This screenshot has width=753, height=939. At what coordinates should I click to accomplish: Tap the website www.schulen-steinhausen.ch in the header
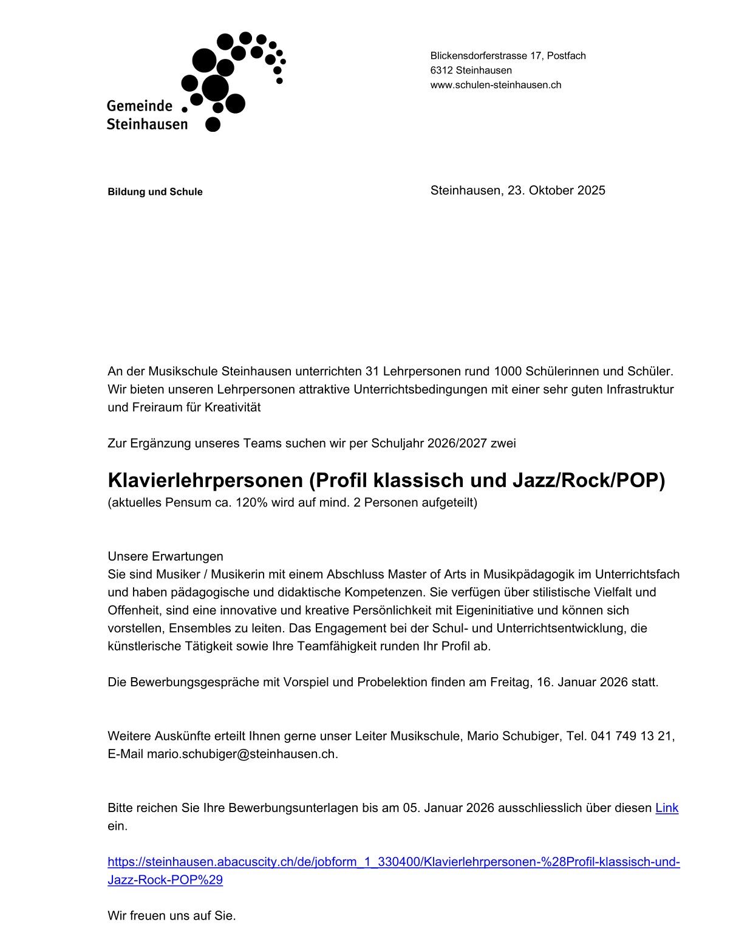pyautogui.click(x=496, y=85)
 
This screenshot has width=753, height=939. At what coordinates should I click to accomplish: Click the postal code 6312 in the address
pyautogui.click(x=441, y=70)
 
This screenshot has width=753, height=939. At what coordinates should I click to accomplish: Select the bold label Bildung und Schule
pyautogui.click(x=155, y=192)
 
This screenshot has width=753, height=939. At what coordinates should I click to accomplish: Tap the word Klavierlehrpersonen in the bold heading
pyautogui.click(x=205, y=480)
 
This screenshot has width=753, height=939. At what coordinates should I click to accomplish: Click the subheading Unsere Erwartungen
pyautogui.click(x=165, y=556)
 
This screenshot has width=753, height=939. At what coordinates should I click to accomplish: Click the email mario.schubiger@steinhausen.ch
pyautogui.click(x=242, y=754)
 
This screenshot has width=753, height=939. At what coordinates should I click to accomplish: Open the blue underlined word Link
pyautogui.click(x=667, y=808)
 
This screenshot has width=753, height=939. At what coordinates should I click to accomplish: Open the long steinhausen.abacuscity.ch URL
pyautogui.click(x=394, y=862)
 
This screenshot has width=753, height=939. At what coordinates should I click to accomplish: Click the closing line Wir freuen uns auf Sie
pyautogui.click(x=171, y=916)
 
